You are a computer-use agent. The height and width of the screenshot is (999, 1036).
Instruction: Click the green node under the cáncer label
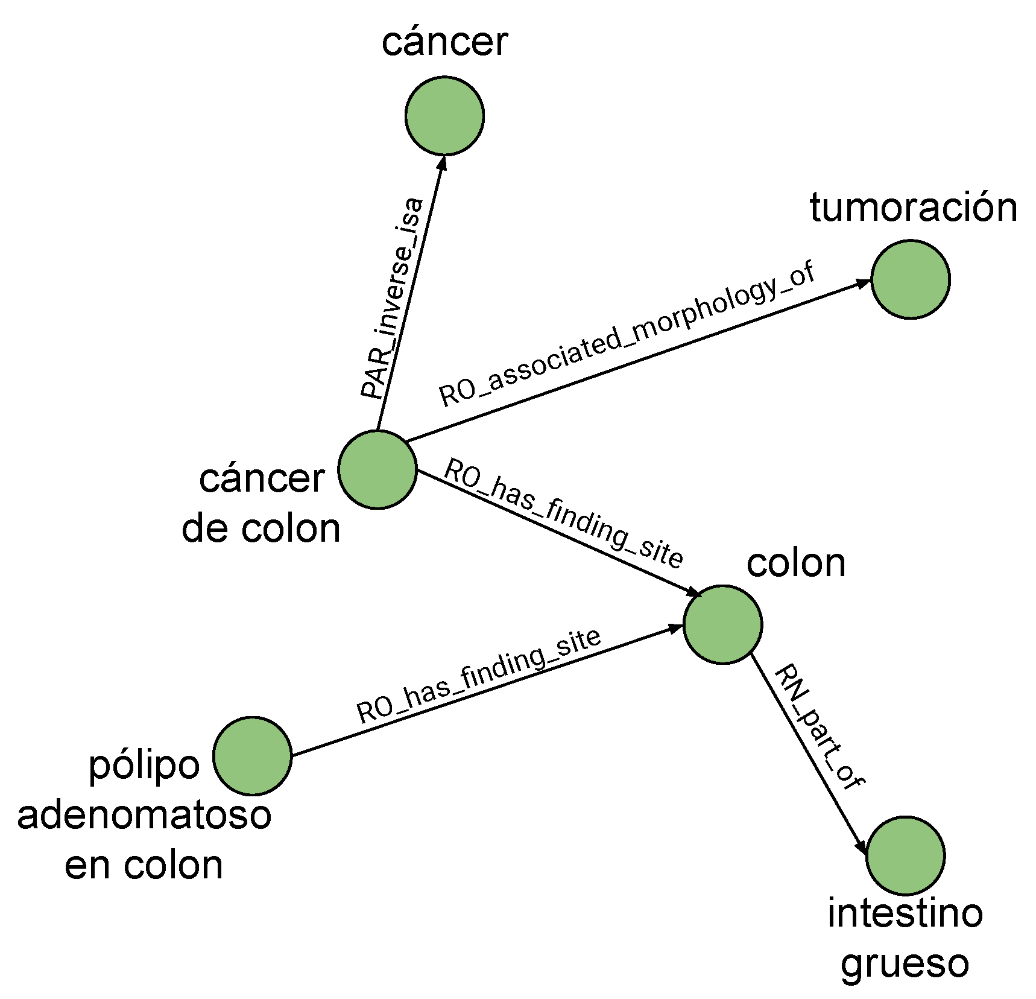point(444,115)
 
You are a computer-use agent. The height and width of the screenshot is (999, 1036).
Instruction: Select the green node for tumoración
point(911,279)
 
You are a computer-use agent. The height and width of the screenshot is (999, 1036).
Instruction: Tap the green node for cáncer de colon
point(377,470)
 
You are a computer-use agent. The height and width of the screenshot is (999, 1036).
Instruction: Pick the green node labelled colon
point(722,624)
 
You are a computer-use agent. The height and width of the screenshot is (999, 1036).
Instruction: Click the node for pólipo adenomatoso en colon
point(253,756)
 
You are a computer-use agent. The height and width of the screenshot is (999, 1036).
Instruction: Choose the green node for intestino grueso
point(906,855)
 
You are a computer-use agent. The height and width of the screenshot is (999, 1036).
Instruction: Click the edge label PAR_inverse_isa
point(393,299)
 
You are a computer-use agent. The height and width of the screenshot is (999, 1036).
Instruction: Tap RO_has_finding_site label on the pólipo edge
point(478,676)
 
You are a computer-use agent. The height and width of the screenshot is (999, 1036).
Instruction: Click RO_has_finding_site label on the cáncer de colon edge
point(564,513)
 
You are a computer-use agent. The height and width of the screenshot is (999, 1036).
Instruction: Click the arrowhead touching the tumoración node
point(864,282)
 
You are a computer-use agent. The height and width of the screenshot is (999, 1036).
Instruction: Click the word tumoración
point(913,208)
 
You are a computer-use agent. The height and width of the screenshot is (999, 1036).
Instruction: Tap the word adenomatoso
point(144,816)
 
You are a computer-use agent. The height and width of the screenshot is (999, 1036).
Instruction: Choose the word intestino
point(905,913)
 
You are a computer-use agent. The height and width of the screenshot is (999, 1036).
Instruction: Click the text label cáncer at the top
point(444,43)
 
